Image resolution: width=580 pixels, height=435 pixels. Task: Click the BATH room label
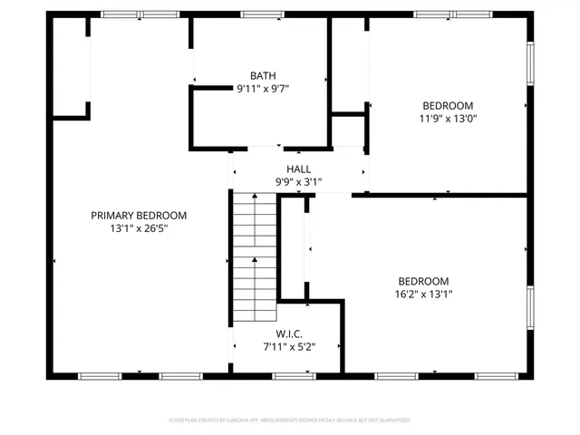click(263, 75)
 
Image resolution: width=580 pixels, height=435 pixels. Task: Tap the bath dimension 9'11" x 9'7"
click(263, 89)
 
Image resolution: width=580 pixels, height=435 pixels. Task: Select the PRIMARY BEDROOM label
click(139, 215)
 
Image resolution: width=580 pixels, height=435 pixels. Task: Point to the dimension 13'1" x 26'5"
click(139, 228)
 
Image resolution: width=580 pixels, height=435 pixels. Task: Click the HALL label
click(299, 169)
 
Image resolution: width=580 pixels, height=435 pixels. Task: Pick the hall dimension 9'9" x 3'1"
click(299, 182)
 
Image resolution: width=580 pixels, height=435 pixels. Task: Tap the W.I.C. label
click(289, 333)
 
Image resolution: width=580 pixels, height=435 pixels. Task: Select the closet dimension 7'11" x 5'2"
click(289, 346)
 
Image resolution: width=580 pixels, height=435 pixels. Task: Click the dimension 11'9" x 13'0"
click(448, 118)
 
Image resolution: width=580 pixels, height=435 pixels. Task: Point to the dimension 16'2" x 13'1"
click(423, 294)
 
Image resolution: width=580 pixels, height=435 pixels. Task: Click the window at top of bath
click(262, 14)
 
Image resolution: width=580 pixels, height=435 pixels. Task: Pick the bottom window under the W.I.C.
click(295, 375)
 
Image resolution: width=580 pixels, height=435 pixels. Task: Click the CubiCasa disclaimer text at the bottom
click(290, 420)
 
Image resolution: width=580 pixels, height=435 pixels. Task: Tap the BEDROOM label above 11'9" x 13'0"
click(448, 104)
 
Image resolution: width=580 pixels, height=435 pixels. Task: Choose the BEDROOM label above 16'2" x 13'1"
click(423, 281)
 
